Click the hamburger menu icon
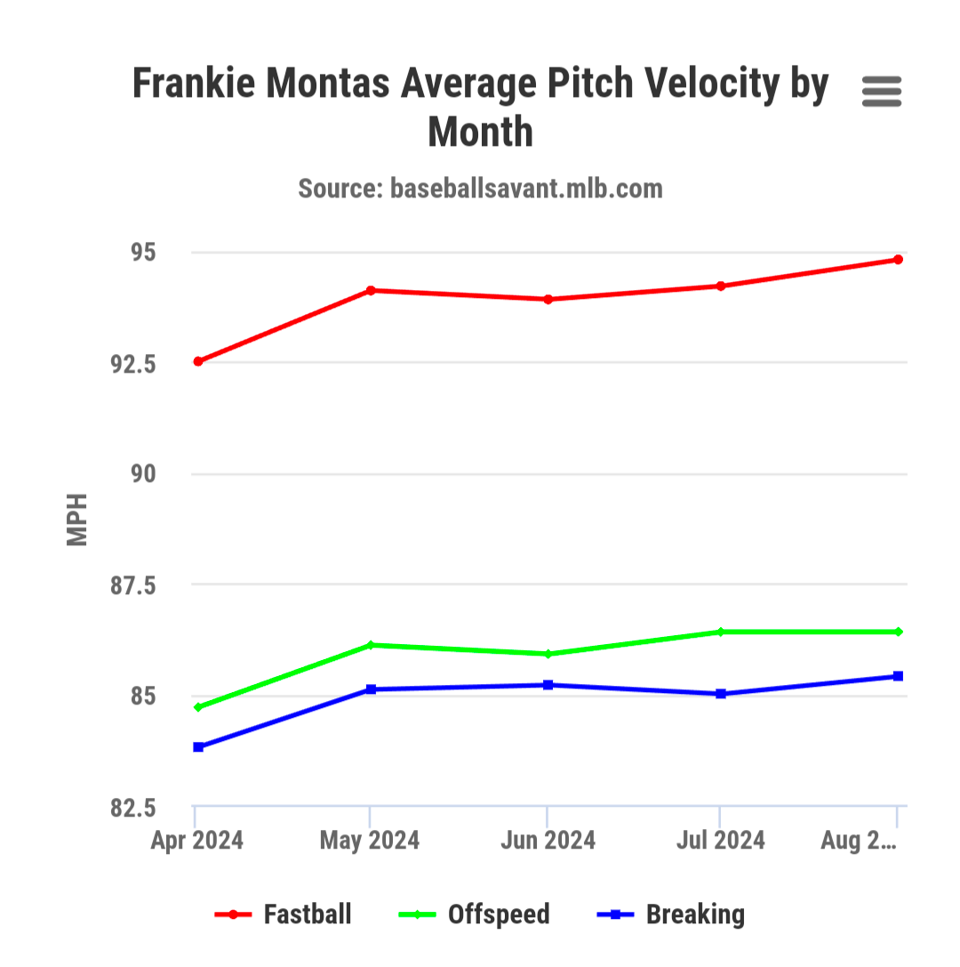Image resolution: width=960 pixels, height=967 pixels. click(882, 91)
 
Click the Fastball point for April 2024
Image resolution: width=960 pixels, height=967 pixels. click(198, 361)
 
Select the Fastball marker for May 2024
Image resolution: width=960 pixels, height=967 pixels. click(371, 290)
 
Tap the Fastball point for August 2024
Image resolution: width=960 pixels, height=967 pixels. click(898, 260)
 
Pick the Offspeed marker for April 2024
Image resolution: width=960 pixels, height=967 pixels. click(198, 707)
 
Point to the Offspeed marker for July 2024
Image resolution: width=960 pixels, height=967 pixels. click(721, 632)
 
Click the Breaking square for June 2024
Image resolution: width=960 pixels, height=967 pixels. click(548, 685)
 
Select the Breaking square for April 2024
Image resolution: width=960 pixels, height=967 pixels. click(198, 747)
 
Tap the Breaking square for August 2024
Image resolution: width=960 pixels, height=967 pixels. click(898, 676)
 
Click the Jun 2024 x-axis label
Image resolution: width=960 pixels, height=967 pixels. click(548, 841)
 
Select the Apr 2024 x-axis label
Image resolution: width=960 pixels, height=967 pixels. click(197, 841)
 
